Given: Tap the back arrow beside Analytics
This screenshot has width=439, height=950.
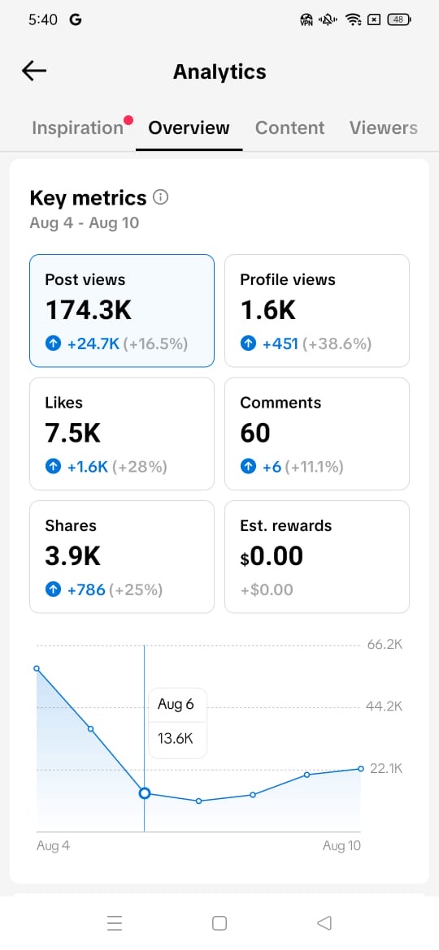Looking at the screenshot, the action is pyautogui.click(x=34, y=71).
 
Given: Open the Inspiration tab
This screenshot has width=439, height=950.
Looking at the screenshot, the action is pyautogui.click(x=77, y=127).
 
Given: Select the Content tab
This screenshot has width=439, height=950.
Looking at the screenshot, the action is pyautogui.click(x=290, y=127).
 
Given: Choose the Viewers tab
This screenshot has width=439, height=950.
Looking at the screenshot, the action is pyautogui.click(x=383, y=127).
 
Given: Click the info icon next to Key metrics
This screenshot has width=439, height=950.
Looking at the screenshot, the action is pyautogui.click(x=161, y=197).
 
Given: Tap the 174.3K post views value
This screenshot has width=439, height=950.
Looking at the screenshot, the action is pyautogui.click(x=89, y=310).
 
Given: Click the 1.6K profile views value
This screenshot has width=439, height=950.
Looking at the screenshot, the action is pyautogui.click(x=268, y=310).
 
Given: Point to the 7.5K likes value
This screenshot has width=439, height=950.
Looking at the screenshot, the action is pyautogui.click(x=73, y=434).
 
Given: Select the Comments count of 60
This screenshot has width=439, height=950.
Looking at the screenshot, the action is pyautogui.click(x=254, y=434).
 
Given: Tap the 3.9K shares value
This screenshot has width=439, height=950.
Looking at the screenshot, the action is pyautogui.click(x=73, y=556).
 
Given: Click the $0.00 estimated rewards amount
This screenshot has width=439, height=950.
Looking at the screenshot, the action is pyautogui.click(x=272, y=556).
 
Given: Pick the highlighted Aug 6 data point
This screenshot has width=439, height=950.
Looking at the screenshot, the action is pyautogui.click(x=145, y=793).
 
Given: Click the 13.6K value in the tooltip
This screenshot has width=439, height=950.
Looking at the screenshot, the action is pyautogui.click(x=176, y=739).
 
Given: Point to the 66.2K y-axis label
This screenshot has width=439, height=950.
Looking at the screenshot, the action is pyautogui.click(x=385, y=644).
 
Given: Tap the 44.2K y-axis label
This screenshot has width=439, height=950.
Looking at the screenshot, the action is pyautogui.click(x=385, y=706).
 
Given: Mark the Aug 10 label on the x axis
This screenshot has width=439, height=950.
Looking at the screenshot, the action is pyautogui.click(x=341, y=846).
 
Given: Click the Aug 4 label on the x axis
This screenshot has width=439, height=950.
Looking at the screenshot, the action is pyautogui.click(x=54, y=846).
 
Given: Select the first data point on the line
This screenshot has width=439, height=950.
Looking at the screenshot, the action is pyautogui.click(x=37, y=668).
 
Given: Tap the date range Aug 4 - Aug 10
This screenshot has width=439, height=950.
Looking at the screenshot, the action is pyautogui.click(x=85, y=223).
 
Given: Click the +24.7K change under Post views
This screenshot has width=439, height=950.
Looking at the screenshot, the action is pyautogui.click(x=93, y=344).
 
